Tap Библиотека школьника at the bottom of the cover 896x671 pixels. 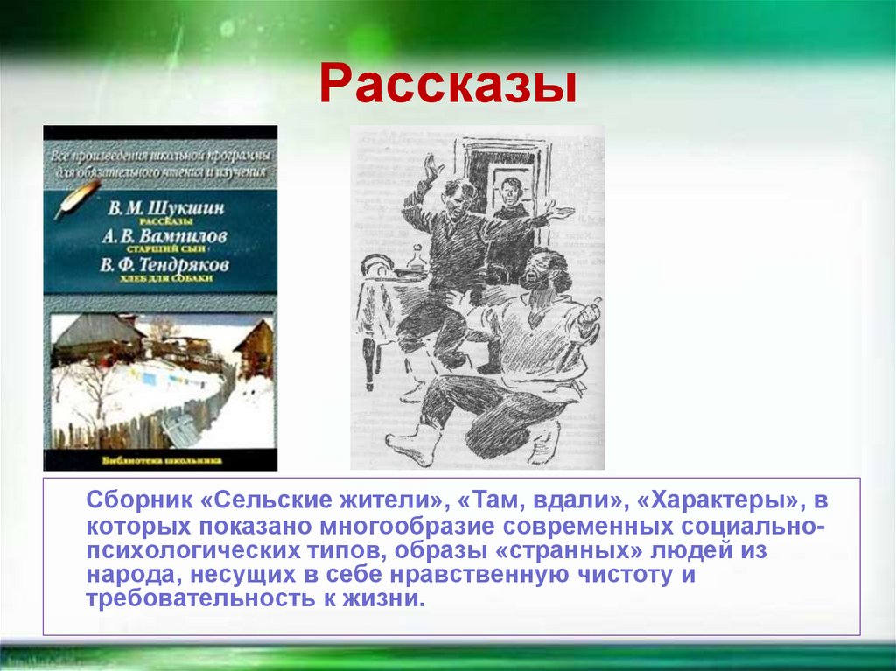[160, 459]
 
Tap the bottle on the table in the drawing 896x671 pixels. [417, 260]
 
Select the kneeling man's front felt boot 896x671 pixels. [411, 442]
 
